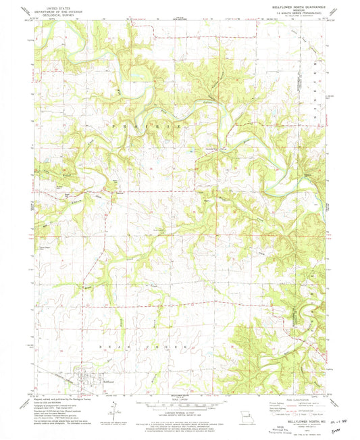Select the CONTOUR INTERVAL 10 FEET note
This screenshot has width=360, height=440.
(179, 410)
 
